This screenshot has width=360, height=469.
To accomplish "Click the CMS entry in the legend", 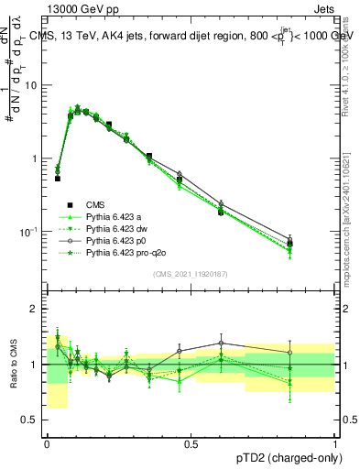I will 97,204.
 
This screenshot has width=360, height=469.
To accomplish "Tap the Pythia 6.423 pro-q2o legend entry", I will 125,252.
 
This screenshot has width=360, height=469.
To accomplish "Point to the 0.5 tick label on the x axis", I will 191,443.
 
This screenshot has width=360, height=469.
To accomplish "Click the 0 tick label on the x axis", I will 47,443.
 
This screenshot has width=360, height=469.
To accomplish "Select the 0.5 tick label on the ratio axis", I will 29,420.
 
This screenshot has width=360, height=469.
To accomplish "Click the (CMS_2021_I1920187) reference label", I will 191,274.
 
